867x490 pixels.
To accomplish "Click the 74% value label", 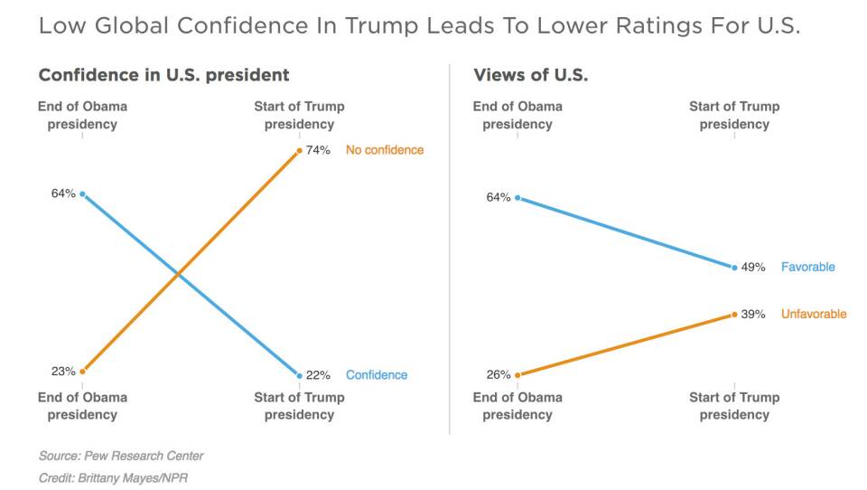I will (318, 150).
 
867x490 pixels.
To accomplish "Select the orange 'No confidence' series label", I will (384, 150).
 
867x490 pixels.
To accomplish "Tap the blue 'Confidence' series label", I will (377, 375).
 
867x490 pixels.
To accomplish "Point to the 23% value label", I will (62, 371).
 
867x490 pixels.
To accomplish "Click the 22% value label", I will (318, 375).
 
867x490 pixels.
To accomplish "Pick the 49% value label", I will (753, 267).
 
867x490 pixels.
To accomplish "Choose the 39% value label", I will (753, 315).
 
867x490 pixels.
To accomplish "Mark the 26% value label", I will (498, 374).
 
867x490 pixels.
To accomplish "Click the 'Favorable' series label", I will (807, 267).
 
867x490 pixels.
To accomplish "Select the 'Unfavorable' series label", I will (814, 315).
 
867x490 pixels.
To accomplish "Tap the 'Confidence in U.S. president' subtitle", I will (163, 75).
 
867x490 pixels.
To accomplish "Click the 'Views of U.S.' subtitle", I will (530, 75).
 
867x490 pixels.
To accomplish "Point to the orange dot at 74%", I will (299, 150).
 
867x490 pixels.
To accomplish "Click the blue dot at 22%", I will (299, 375).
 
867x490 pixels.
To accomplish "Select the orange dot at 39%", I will (734, 315).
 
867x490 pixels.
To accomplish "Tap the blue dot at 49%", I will (734, 267).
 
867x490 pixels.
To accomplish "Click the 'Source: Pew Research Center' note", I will (120, 456).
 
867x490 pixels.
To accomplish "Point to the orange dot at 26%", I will (517, 374).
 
